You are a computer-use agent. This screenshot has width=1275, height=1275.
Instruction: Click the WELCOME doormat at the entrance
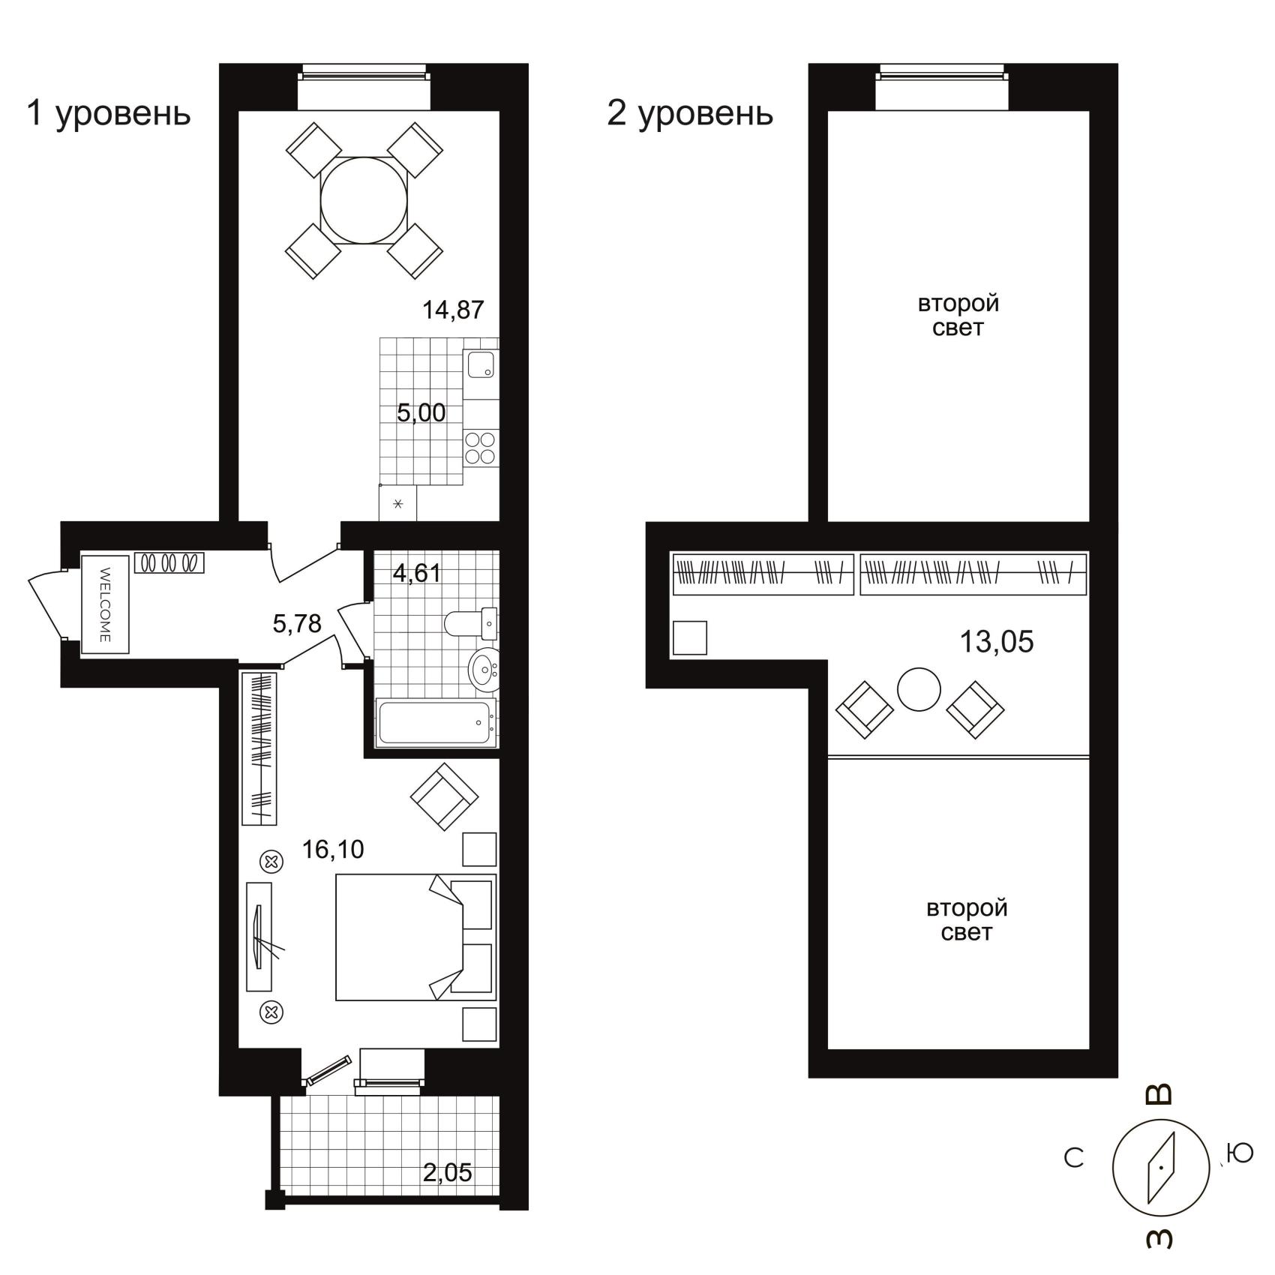(x=106, y=604)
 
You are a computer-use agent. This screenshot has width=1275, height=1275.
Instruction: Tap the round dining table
(x=364, y=200)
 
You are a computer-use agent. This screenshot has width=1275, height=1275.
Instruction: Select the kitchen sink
(x=481, y=365)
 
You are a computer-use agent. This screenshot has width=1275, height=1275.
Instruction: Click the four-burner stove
(x=481, y=448)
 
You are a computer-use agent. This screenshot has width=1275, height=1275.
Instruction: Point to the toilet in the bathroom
(x=470, y=622)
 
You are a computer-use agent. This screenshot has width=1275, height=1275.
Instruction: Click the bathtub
(x=436, y=722)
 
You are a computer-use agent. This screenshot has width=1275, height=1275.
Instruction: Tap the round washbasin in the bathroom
(x=484, y=667)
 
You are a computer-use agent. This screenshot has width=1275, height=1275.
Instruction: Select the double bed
(x=415, y=937)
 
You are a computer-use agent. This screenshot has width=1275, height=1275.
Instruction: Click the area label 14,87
(x=453, y=309)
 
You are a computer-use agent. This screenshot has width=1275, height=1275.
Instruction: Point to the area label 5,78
(x=297, y=623)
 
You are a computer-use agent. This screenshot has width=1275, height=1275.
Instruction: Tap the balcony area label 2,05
(x=448, y=1172)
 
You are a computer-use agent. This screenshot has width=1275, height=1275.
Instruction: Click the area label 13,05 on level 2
(x=997, y=642)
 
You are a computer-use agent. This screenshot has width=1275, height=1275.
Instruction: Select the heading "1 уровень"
(x=109, y=113)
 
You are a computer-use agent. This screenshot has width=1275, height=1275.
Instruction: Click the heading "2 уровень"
(x=690, y=113)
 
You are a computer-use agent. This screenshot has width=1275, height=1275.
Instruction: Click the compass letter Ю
(x=1240, y=1153)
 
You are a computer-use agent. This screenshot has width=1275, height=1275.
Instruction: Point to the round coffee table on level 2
(x=919, y=689)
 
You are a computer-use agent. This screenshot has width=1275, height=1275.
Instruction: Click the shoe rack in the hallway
(x=169, y=563)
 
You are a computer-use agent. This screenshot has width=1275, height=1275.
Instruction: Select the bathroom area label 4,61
(x=417, y=573)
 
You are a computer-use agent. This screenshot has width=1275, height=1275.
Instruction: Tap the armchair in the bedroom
(x=445, y=796)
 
